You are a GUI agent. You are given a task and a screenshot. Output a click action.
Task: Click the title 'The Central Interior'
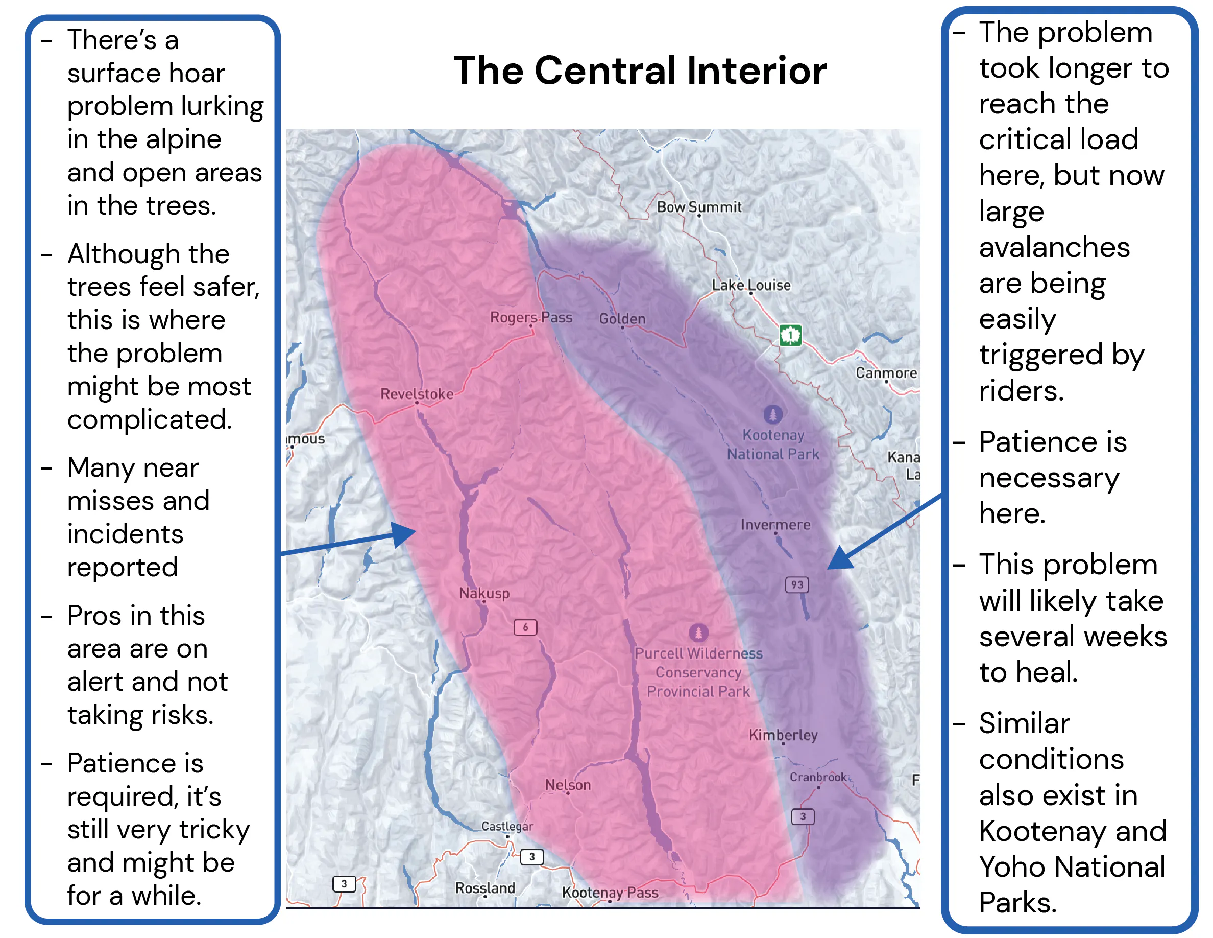[x=639, y=71]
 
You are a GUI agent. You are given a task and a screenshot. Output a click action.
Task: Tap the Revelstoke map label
[x=417, y=394]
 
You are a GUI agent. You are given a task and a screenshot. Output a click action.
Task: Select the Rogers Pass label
[x=530, y=317]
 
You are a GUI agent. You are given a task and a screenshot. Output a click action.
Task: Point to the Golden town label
[x=622, y=319]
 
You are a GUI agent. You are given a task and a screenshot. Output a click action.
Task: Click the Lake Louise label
[x=751, y=285]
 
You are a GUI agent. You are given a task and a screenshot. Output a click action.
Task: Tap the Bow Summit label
[x=699, y=207]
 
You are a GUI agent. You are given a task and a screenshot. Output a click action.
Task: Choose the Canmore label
[x=886, y=373]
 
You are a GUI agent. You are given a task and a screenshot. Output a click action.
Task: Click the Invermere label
[x=775, y=525]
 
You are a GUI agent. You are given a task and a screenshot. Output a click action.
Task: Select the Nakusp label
[x=484, y=593]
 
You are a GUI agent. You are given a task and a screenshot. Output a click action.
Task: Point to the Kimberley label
[x=783, y=735]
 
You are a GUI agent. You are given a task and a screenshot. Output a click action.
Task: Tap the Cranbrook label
[x=818, y=777]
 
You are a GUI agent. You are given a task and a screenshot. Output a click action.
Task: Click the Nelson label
[x=568, y=785]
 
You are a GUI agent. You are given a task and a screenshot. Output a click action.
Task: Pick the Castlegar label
[x=507, y=826]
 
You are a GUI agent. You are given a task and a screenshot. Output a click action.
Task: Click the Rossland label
[x=485, y=888]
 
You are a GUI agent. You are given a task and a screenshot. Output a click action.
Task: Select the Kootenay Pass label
[x=610, y=893]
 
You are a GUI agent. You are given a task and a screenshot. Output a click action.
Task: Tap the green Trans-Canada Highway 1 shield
[x=790, y=335]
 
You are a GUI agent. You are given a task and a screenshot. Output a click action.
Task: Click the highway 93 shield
[x=797, y=584]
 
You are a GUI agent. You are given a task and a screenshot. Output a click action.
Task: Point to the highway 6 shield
[x=525, y=627]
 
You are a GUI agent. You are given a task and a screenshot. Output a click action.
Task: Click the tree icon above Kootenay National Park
[x=772, y=414]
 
